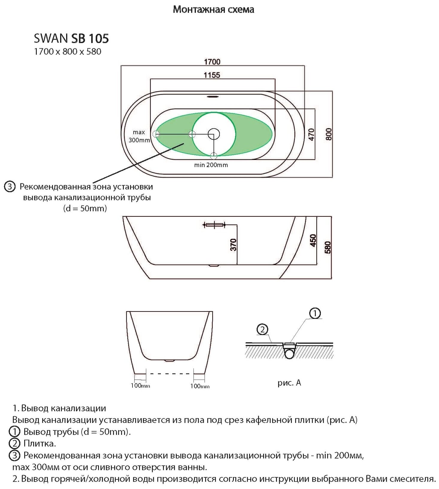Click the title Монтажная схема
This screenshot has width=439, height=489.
214,10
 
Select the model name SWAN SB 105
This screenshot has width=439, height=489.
71,39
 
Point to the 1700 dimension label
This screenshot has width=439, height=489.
212,62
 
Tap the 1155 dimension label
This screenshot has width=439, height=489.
212,75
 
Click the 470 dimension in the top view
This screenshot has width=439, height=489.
311,135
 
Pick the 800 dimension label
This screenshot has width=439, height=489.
328,134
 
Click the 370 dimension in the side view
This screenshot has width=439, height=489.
233,244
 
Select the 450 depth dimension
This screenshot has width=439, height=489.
313,241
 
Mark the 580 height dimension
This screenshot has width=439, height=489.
328,247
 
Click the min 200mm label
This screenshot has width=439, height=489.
211,165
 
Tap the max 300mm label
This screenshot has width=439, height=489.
139,136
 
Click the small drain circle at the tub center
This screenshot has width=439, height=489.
214,134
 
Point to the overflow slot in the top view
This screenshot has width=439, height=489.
213,97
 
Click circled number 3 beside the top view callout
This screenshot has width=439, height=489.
10,187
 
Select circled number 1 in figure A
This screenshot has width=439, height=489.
315,314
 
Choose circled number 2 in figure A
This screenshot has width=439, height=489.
262,329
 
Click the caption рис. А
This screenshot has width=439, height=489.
289,383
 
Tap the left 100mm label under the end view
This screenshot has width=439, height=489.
140,386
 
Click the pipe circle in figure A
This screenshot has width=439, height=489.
289,354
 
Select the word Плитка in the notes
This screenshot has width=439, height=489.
39,444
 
